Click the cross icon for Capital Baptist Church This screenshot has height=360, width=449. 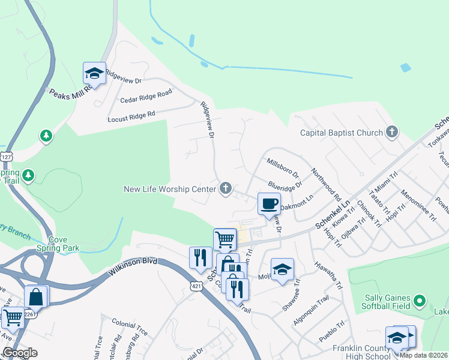click(392, 133)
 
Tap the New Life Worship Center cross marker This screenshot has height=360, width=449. click(226, 189)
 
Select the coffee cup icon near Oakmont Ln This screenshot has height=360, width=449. click(269, 203)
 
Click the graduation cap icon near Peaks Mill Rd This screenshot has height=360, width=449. click(94, 73)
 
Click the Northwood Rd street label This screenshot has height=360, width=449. click(326, 184)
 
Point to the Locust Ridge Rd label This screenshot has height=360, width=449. click(131, 116)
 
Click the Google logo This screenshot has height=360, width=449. click(19, 353)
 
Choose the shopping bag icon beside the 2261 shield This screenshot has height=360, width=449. click(36, 296)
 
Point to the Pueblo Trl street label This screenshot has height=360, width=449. click(331, 330)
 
